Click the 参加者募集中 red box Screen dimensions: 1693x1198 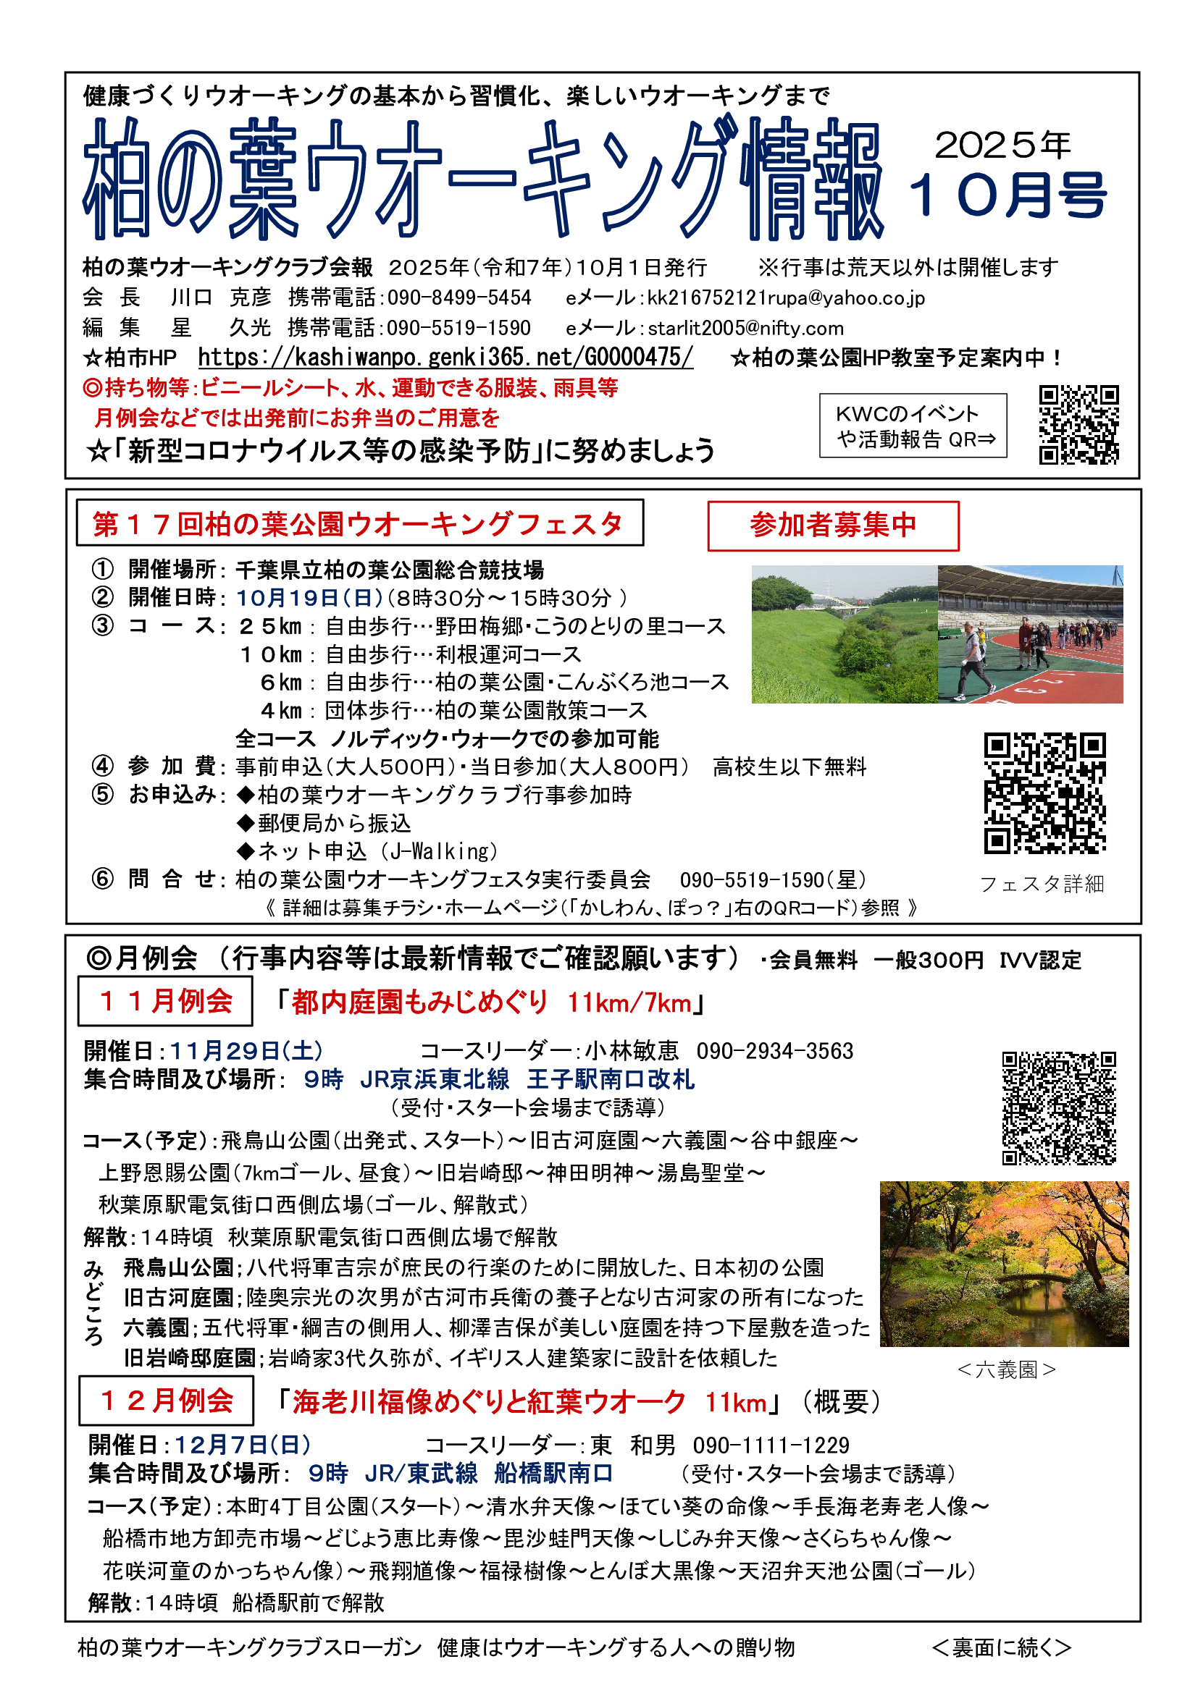[833, 525]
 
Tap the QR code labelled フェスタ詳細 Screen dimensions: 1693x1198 [1044, 793]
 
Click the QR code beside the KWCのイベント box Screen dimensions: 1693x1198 [1078, 425]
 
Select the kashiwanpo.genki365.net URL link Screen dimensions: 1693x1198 [445, 358]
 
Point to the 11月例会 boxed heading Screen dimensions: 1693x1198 [165, 1000]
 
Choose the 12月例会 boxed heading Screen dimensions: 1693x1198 [166, 1401]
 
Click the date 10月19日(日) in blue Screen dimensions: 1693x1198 [309, 598]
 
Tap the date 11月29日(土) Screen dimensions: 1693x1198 [246, 1050]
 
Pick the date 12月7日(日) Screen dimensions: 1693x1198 [243, 1445]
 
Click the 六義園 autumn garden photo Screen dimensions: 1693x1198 [1004, 1264]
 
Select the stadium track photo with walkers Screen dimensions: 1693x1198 [1030, 634]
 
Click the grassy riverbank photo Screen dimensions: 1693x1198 [844, 634]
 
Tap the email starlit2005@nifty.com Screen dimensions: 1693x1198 [746, 328]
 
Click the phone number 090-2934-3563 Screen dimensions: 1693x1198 [774, 1051]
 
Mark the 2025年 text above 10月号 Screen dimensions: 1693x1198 [1002, 145]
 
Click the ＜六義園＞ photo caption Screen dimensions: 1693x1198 [1006, 1370]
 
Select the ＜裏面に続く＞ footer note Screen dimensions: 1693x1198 [1001, 1647]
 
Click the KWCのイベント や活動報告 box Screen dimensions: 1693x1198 [913, 426]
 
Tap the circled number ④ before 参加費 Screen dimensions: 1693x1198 [103, 766]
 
